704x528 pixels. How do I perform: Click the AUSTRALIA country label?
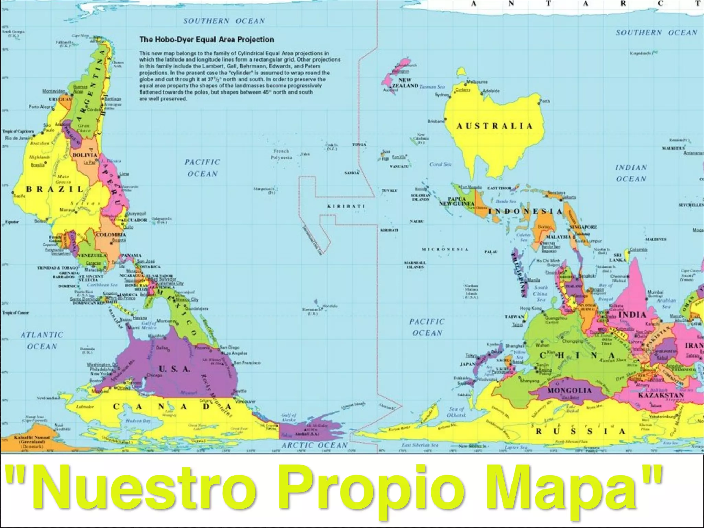click(x=494, y=126)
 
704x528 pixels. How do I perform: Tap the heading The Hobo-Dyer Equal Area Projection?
click(x=207, y=40)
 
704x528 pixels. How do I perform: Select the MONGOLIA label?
click(x=569, y=390)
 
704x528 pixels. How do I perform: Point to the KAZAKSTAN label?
click(x=661, y=395)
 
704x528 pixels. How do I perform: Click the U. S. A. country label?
click(x=174, y=369)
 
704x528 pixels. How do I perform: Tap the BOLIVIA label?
click(x=85, y=155)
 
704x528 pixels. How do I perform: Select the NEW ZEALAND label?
click(x=405, y=83)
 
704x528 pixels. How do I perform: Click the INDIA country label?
click(x=632, y=315)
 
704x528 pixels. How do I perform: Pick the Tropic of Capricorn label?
click(x=18, y=131)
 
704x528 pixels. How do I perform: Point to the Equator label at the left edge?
click(x=12, y=222)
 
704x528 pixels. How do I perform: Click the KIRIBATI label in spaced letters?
click(x=346, y=206)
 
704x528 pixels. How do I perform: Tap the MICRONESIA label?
click(x=445, y=249)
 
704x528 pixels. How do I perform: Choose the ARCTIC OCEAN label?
click(x=315, y=445)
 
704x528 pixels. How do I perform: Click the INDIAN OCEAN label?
click(x=631, y=173)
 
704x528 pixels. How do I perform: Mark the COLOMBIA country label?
click(x=111, y=235)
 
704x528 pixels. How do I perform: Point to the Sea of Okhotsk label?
click(x=456, y=412)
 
